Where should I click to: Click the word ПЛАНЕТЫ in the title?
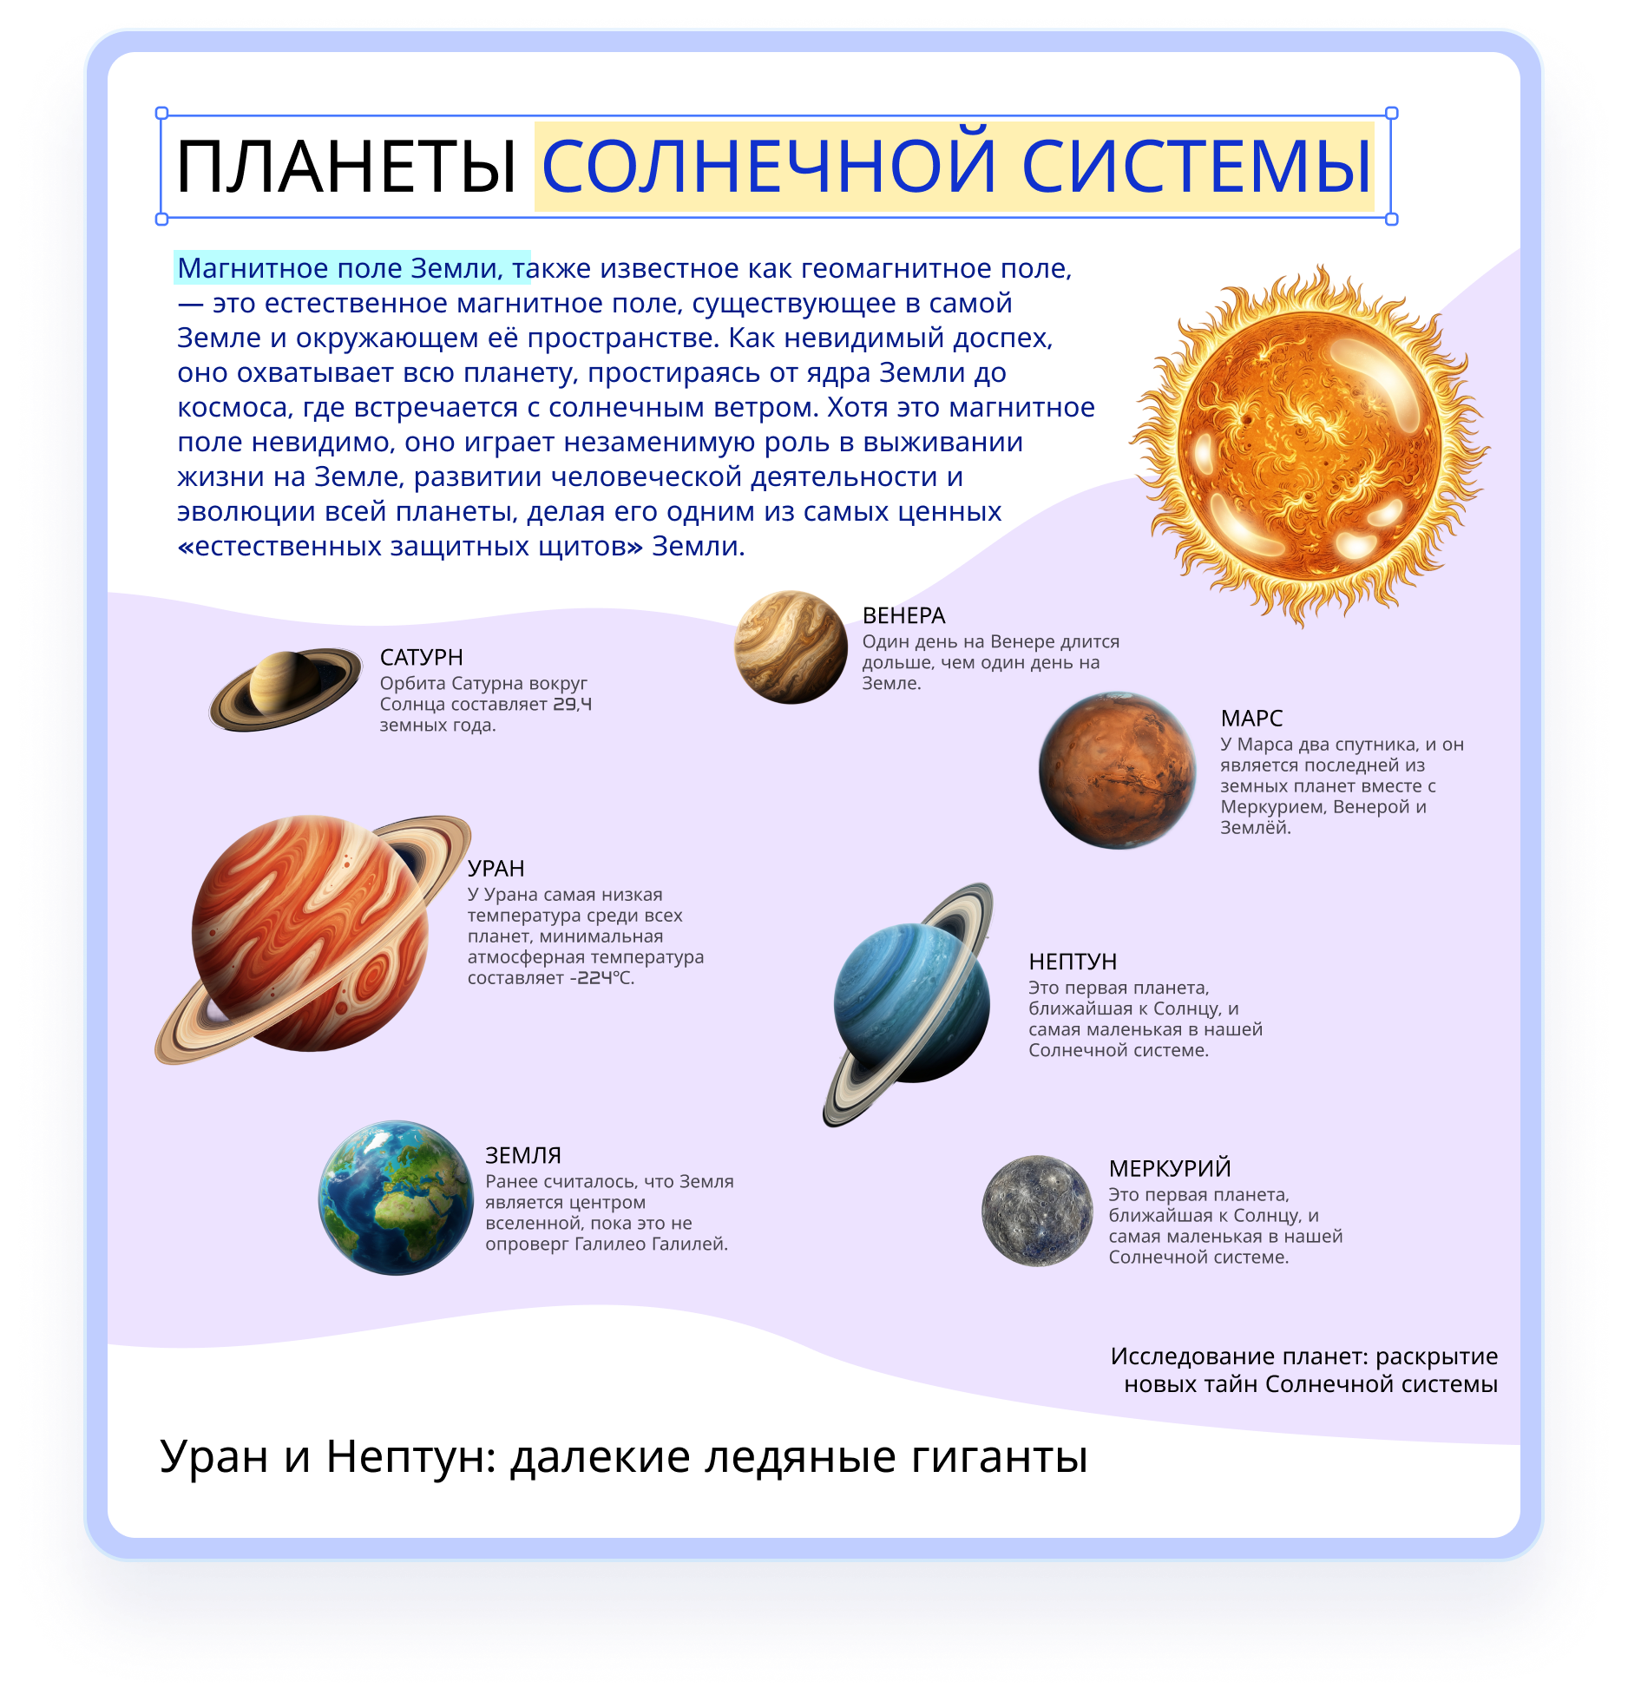pos(346,166)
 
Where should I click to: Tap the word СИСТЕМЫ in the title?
pos(1197,166)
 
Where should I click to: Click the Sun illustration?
pos(1309,445)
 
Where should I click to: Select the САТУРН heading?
pos(421,657)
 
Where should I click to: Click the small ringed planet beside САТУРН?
pos(286,689)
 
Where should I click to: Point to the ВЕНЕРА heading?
pos(903,615)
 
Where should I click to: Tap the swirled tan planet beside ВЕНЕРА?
pos(791,647)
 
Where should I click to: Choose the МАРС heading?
pos(1251,718)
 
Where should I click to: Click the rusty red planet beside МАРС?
pos(1118,770)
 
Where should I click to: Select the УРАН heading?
pos(496,868)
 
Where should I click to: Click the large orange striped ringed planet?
pos(312,939)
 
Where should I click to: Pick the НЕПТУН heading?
pos(1073,962)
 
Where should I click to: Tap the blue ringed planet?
pos(909,1004)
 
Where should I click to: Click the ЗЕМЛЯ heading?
pos(523,1155)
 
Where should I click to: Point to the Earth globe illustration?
pos(396,1198)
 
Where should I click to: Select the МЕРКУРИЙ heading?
pos(1170,1168)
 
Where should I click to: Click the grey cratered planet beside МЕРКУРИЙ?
pos(1037,1211)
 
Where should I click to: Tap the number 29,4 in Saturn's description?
pos(573,704)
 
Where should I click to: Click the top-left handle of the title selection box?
pos(161,113)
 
